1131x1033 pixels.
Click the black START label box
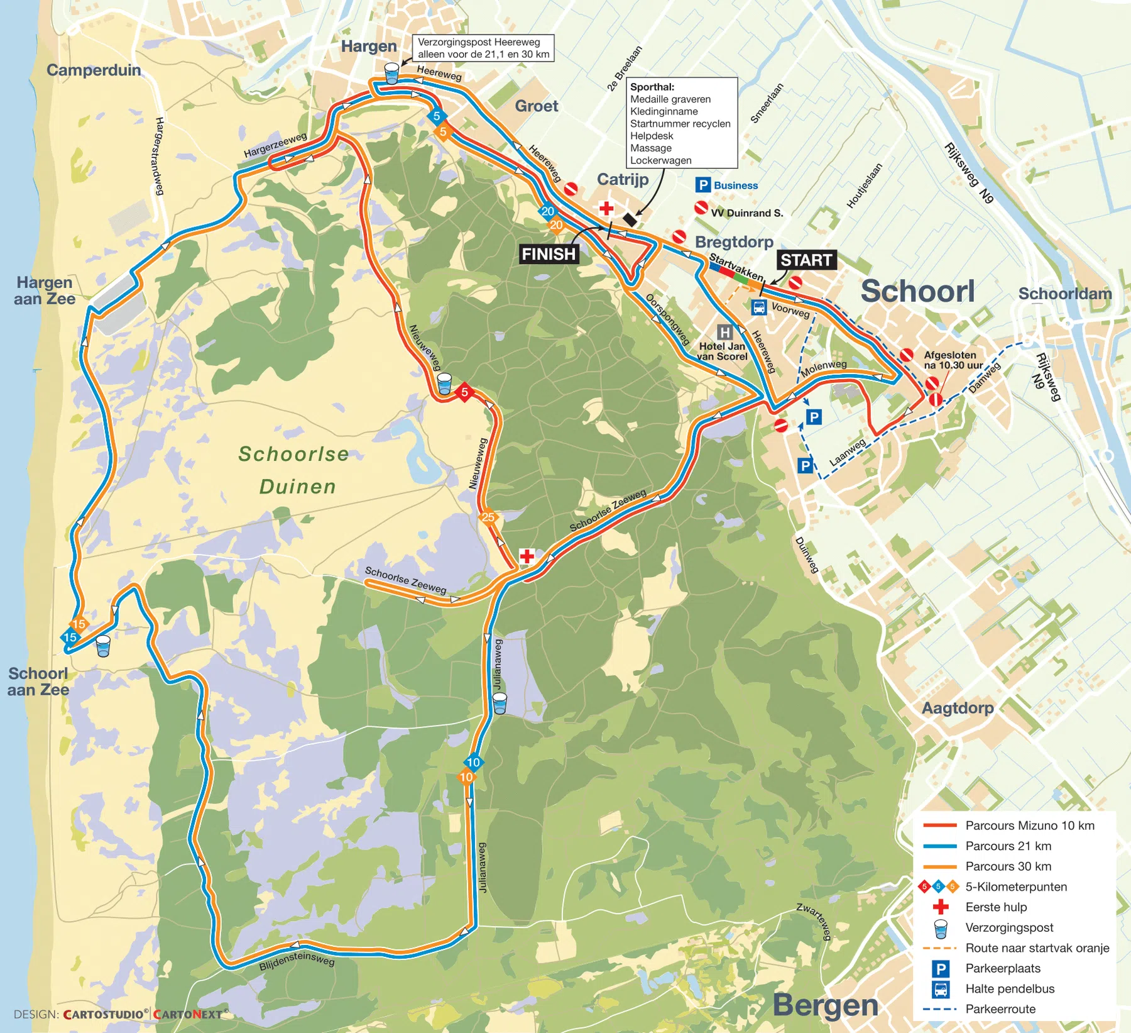point(806,260)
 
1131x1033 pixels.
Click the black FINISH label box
point(549,254)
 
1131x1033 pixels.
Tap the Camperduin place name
point(94,70)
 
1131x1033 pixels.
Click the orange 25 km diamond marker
point(488,517)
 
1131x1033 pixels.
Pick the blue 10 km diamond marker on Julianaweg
point(473,763)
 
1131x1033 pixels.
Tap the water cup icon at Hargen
point(391,74)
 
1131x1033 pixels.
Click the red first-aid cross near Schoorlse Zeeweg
point(527,556)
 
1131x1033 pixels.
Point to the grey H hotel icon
point(724,332)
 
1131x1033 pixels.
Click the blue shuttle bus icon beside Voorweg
point(759,307)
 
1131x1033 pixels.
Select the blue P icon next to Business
point(702,185)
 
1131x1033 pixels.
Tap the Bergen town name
point(825,1004)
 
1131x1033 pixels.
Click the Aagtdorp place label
point(957,708)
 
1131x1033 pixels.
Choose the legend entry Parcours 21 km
point(1008,846)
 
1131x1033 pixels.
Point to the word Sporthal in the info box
point(652,87)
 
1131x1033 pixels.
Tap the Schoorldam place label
point(1064,294)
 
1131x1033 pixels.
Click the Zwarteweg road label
point(814,921)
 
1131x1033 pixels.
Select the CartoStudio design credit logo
point(106,1014)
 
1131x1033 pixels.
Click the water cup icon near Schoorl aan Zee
point(103,646)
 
